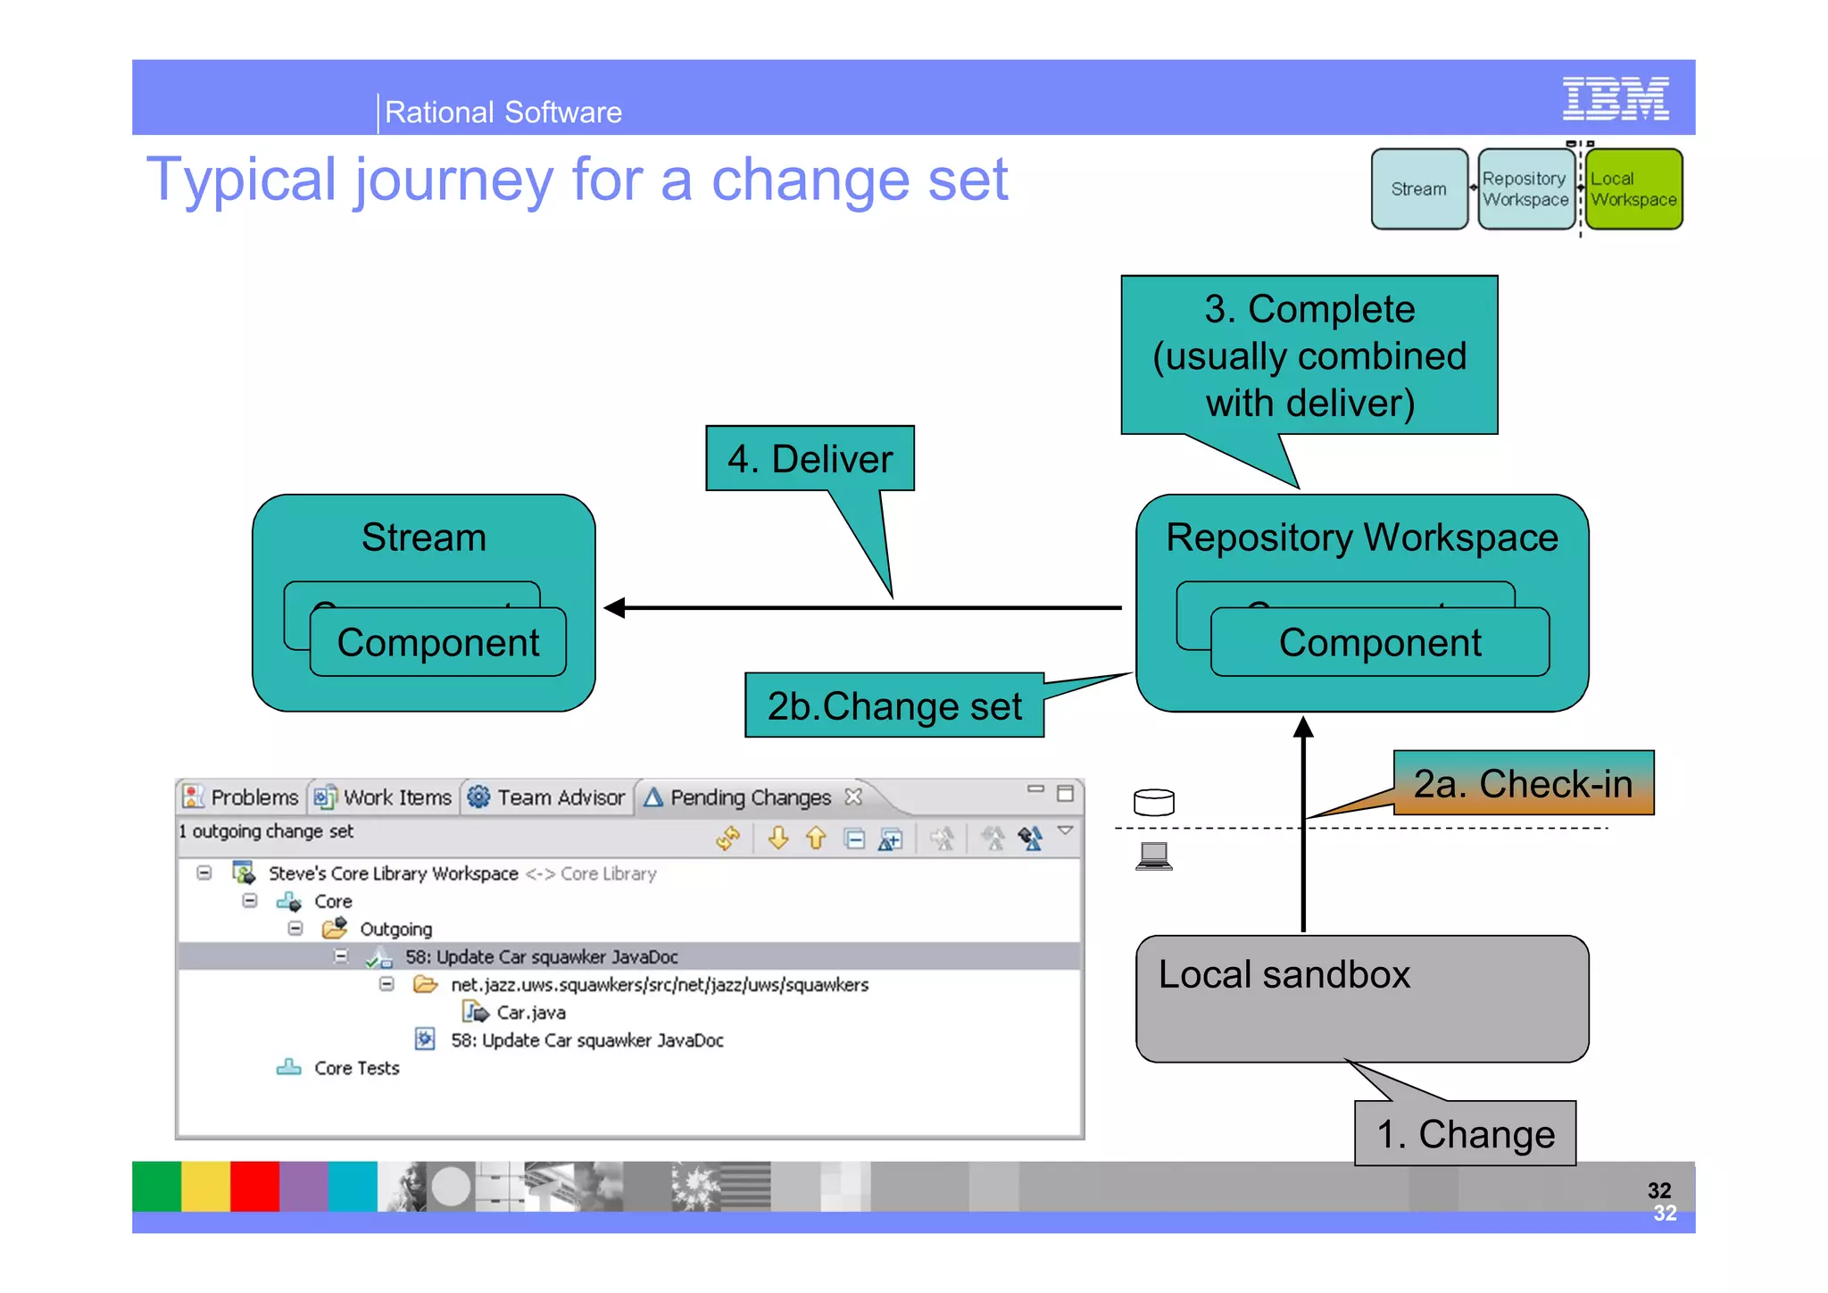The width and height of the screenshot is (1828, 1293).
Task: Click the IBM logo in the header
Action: coord(1615,99)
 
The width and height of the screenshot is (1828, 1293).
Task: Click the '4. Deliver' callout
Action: coord(810,459)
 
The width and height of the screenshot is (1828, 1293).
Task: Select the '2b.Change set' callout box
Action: coord(893,706)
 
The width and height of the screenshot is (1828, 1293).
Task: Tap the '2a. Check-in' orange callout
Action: coord(1523,783)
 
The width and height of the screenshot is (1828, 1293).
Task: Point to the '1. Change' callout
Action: coord(1465,1134)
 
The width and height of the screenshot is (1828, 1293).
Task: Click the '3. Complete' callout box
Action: coord(1309,355)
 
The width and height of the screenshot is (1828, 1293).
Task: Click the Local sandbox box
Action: coord(1361,998)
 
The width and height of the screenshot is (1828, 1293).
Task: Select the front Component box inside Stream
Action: coord(437,643)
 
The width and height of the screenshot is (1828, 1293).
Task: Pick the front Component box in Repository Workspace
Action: coord(1379,643)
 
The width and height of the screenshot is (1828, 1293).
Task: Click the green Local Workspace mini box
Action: coord(1633,189)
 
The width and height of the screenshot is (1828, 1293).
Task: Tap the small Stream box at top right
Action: coord(1418,189)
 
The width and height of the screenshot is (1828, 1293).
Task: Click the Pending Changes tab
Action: coord(750,797)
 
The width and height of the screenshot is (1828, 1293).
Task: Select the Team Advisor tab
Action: coord(560,797)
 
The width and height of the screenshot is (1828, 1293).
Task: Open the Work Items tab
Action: coord(396,797)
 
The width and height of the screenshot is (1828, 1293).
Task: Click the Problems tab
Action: coord(253,797)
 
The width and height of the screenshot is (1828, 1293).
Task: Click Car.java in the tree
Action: coord(530,1013)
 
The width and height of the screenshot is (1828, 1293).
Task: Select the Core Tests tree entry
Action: coord(355,1068)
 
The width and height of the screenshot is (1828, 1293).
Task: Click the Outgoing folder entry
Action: coord(395,929)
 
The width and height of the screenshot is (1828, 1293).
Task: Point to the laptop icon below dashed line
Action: coord(1153,856)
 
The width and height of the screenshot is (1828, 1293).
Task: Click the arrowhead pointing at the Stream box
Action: coord(615,608)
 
